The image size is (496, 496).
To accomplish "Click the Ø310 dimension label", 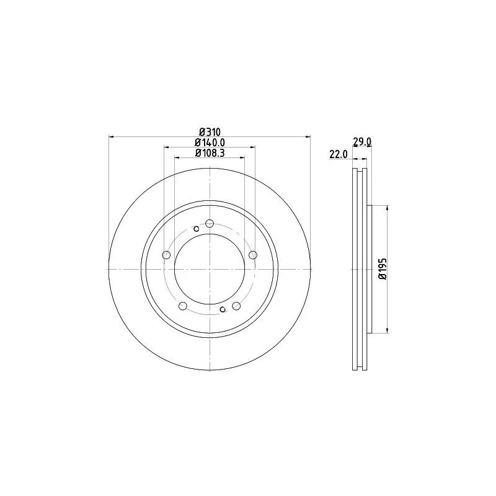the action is coord(210,131).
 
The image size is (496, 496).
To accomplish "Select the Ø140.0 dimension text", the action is coord(210,143).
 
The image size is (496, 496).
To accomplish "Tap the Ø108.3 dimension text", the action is coord(210,153).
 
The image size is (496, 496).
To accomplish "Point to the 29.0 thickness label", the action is coord(362,141).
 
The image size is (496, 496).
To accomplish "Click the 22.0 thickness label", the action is coord(339,154).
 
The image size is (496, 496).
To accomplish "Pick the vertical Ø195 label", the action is coord(383,268).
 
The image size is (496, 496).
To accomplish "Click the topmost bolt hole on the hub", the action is coord(210,223).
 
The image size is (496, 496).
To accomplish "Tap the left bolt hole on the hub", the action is coord(166,255).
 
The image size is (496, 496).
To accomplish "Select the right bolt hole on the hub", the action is coord(253,255).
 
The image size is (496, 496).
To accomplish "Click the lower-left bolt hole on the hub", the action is coord(183,306).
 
